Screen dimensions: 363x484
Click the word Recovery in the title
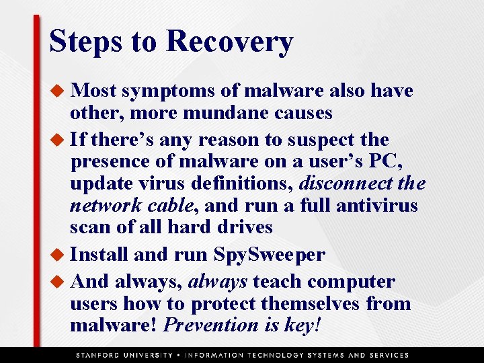[x=229, y=41]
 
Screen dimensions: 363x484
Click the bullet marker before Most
[x=58, y=91]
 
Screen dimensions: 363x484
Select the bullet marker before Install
[x=58, y=255]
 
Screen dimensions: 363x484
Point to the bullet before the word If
[x=58, y=140]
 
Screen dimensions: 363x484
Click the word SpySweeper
[x=269, y=255]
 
